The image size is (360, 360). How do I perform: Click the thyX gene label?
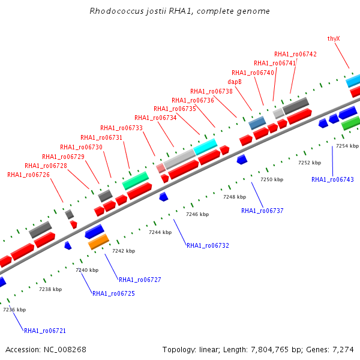[334, 38]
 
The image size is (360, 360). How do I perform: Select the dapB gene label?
[235, 82]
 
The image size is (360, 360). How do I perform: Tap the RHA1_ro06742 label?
[295, 54]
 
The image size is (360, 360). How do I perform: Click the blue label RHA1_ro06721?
[45, 331]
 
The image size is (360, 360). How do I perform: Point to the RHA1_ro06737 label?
[262, 211]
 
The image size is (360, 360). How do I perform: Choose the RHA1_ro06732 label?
[208, 245]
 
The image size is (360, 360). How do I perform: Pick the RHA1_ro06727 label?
[140, 280]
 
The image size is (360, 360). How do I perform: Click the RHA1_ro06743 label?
[332, 179]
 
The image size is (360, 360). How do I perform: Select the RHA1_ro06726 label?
[28, 175]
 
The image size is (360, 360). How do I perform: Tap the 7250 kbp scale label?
[272, 179]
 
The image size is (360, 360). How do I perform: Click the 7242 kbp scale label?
[124, 251]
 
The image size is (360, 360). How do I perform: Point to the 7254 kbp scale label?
[347, 146]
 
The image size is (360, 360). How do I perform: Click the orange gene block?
[98, 242]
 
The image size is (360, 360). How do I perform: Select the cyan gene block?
[205, 147]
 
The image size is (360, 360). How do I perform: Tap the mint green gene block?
[136, 181]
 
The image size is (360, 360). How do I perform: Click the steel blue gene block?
[257, 122]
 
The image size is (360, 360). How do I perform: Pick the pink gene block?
[161, 168]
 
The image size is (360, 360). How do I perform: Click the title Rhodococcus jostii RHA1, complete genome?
[179, 11]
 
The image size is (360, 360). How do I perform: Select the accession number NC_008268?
[65, 349]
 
